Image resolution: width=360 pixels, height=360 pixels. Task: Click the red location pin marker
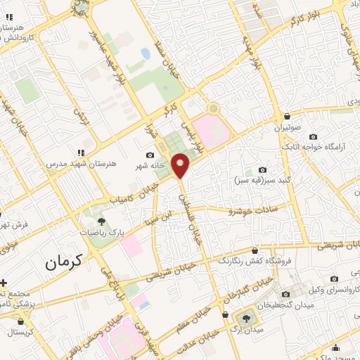click(181, 165)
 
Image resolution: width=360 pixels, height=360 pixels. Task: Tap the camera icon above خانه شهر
click(150, 155)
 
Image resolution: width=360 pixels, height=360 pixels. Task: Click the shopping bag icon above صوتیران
click(288, 117)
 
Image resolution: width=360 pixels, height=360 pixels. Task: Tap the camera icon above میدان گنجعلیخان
click(285, 295)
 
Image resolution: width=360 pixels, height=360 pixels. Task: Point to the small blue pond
click(145, 53)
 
